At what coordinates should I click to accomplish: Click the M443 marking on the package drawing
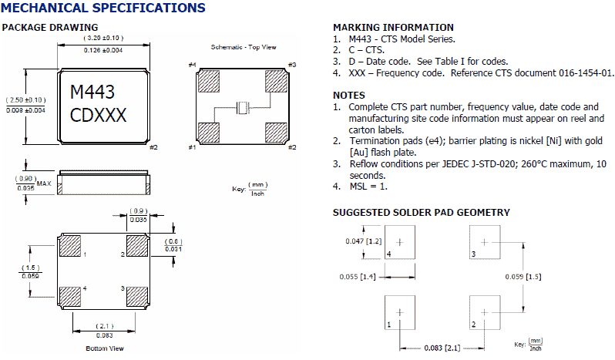pos(92,93)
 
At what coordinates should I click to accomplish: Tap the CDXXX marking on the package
pos(98,116)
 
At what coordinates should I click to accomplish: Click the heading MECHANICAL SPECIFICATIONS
pos(103,8)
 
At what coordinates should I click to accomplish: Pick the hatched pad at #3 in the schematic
pos(276,81)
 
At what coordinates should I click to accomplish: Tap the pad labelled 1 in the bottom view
pos(70,247)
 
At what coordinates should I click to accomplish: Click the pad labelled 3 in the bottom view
pos(136,294)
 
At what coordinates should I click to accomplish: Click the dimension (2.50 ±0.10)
pos(25,100)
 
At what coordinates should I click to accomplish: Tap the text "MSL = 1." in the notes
pos(369,186)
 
